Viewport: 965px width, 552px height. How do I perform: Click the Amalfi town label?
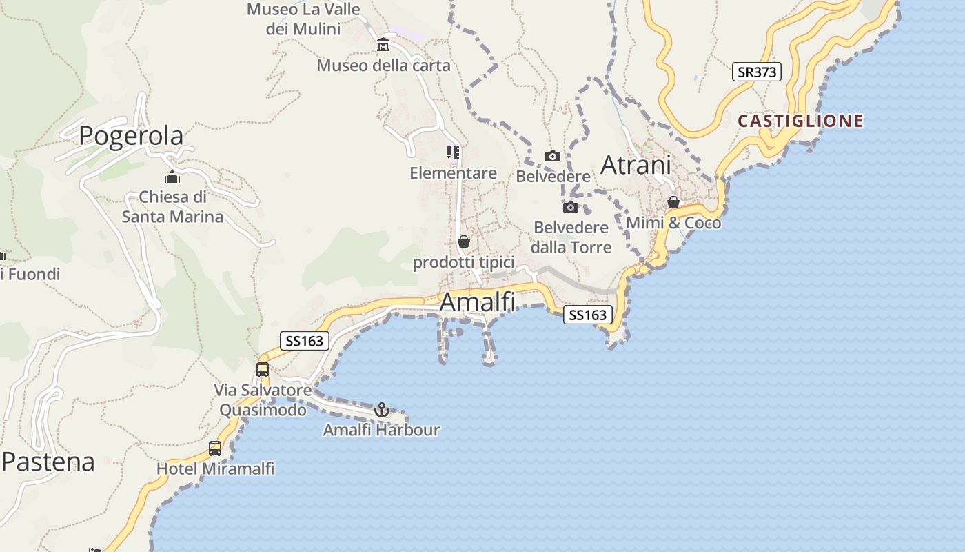click(x=478, y=302)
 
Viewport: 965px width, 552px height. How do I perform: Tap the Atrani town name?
click(x=636, y=166)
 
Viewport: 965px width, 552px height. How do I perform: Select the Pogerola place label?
click(x=131, y=136)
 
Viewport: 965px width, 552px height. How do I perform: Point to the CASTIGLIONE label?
click(x=800, y=121)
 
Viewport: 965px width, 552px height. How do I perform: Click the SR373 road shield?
click(x=756, y=72)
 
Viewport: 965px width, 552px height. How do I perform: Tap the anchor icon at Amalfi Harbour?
click(x=382, y=411)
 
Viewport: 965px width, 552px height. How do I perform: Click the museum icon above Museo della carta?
click(x=383, y=46)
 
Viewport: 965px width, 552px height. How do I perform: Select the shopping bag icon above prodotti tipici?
click(x=464, y=242)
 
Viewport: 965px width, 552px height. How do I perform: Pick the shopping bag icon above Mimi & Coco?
click(x=673, y=203)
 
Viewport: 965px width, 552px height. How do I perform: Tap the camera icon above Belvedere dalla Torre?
click(x=570, y=207)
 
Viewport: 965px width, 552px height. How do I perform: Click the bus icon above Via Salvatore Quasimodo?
click(x=263, y=370)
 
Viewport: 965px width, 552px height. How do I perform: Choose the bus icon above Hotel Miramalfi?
click(x=215, y=448)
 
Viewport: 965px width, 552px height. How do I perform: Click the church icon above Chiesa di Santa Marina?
click(x=172, y=177)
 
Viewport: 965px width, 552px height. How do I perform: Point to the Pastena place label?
click(x=48, y=462)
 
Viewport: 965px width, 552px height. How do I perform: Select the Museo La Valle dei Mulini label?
click(x=303, y=19)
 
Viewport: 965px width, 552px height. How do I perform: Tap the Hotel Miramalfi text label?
click(x=215, y=469)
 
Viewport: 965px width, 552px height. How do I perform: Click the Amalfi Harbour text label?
click(x=381, y=431)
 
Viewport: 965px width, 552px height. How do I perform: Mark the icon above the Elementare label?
click(x=453, y=152)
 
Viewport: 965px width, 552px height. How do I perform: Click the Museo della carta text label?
click(x=383, y=66)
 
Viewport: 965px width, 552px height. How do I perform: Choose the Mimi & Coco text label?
click(x=673, y=223)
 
